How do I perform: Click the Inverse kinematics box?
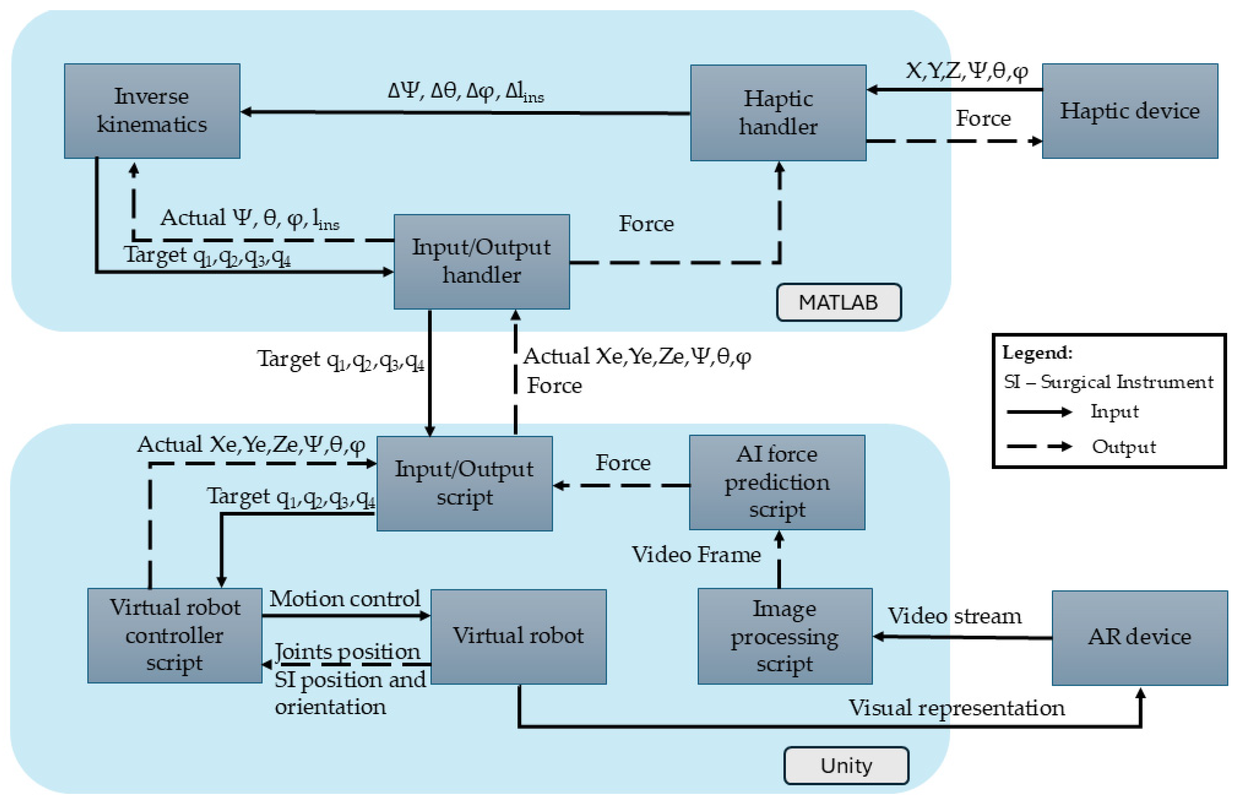(x=152, y=111)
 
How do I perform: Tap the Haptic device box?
(x=1130, y=111)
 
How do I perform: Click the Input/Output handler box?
(x=482, y=262)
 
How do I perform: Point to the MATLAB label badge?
(x=839, y=302)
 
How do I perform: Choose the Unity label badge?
(x=846, y=765)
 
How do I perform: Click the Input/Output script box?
(x=465, y=484)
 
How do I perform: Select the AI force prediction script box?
(x=777, y=482)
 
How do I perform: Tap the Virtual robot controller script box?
(x=175, y=636)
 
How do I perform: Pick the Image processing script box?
(x=785, y=636)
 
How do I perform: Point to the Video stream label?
(x=955, y=616)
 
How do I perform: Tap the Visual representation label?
(x=957, y=708)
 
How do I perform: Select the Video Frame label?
(x=696, y=555)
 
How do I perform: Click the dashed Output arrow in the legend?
(x=1039, y=447)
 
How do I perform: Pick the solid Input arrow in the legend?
(x=1039, y=412)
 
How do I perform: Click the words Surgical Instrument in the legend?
(x=1127, y=382)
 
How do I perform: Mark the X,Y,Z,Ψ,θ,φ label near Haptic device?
(x=967, y=71)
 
